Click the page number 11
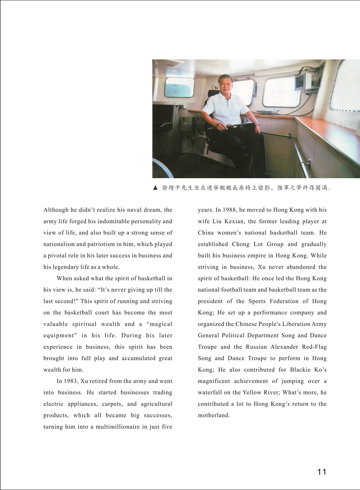(322, 472)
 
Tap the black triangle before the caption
(155, 188)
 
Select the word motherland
(213, 415)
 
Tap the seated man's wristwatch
(258, 124)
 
